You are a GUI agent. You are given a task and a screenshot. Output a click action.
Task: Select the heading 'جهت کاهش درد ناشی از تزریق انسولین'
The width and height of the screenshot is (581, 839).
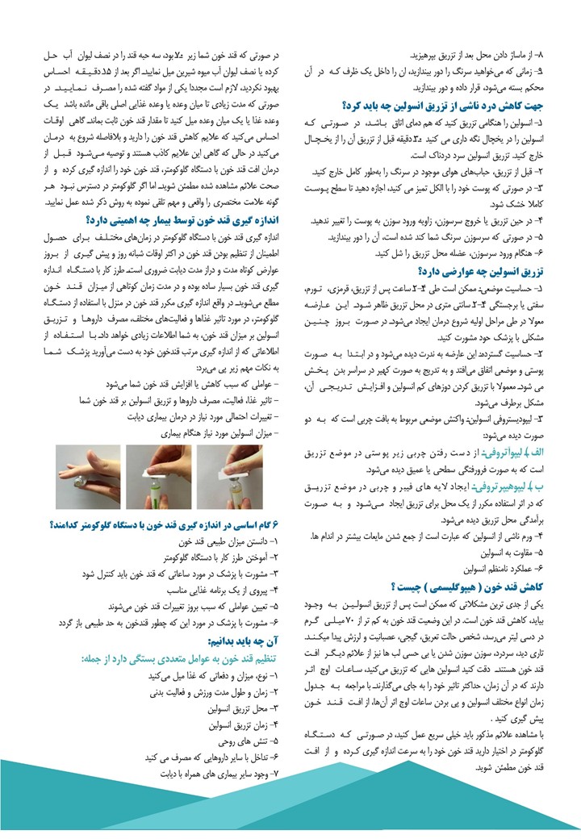pyautogui.click(x=450, y=105)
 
